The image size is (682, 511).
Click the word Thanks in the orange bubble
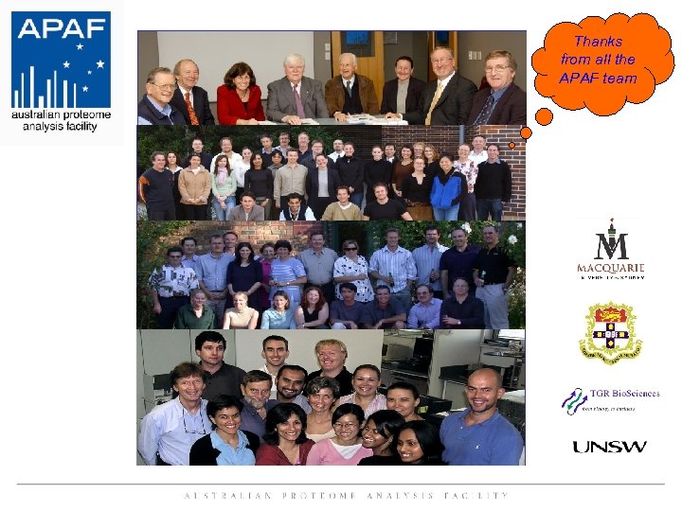(x=598, y=42)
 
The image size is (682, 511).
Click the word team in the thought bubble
(x=619, y=78)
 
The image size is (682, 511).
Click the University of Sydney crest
(x=611, y=331)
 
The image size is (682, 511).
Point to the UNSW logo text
(x=609, y=447)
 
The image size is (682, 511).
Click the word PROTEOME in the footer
(x=323, y=495)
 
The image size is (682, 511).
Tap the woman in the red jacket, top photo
(x=241, y=96)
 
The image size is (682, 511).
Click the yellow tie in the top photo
(x=435, y=102)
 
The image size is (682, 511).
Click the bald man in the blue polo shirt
(x=482, y=416)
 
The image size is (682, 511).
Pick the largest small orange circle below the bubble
(x=545, y=117)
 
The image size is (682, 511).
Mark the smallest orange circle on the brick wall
(x=512, y=145)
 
